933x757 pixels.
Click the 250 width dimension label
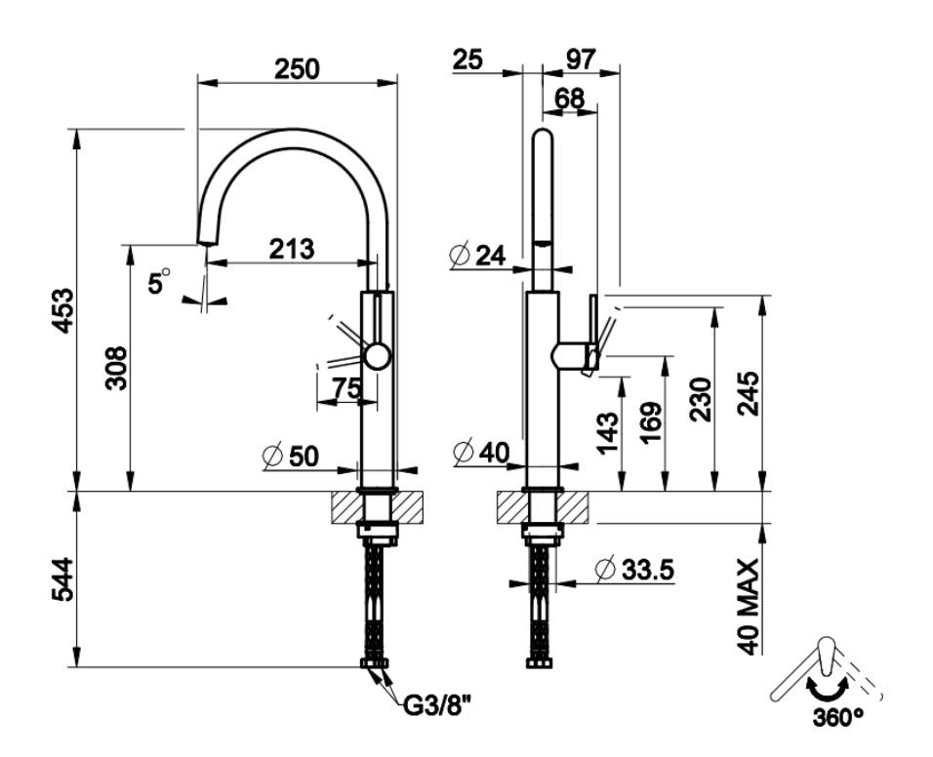pyautogui.click(x=297, y=69)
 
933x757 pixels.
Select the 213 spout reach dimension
pyautogui.click(x=292, y=249)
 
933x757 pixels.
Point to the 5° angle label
pyautogui.click(x=158, y=281)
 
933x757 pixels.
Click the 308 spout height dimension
pyautogui.click(x=116, y=368)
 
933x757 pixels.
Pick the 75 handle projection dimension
pyautogui.click(x=346, y=388)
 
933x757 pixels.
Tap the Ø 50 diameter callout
pyautogui.click(x=291, y=457)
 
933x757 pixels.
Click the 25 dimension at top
pyautogui.click(x=467, y=60)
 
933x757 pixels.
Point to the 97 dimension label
pyautogui.click(x=580, y=60)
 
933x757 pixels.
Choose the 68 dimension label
pyautogui.click(x=569, y=99)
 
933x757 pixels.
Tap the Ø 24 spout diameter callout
pyautogui.click(x=478, y=256)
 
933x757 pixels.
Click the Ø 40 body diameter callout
pyautogui.click(x=481, y=454)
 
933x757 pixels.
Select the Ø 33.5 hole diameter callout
pyautogui.click(x=634, y=570)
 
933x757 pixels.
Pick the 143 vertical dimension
pyautogui.click(x=607, y=433)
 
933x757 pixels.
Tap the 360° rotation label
pyautogui.click(x=837, y=717)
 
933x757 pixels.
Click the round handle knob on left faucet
pyautogui.click(x=378, y=357)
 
